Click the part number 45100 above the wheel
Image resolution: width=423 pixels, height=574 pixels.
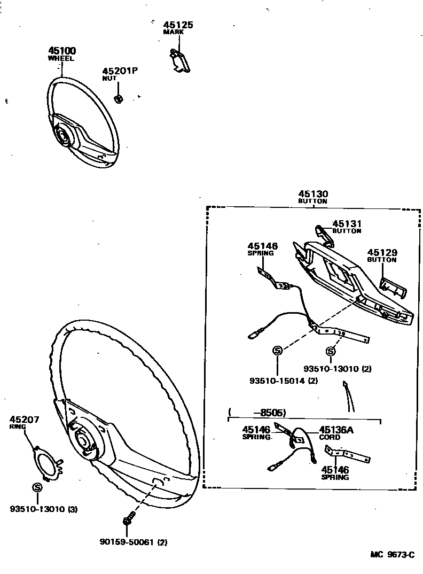[62, 51]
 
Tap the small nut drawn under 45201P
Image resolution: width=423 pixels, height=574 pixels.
[120, 98]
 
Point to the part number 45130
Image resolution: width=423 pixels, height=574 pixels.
[313, 194]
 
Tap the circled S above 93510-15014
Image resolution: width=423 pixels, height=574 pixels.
[278, 351]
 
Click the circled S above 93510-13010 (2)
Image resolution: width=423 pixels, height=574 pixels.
[331, 351]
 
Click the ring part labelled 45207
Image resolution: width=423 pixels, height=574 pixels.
[46, 460]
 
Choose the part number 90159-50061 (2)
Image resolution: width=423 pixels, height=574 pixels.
[133, 542]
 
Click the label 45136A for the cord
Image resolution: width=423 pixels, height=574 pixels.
[336, 429]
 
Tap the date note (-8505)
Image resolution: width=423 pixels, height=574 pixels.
[257, 413]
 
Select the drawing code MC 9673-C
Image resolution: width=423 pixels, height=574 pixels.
[392, 555]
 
